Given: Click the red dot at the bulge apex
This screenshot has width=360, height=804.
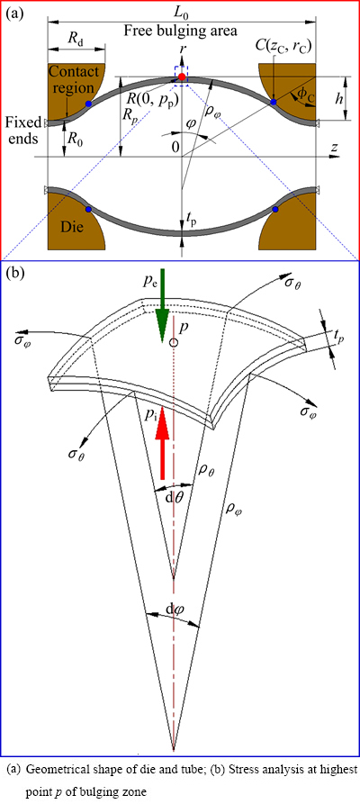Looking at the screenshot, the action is click(x=182, y=77).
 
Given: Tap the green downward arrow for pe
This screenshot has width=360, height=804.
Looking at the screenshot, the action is click(x=161, y=306).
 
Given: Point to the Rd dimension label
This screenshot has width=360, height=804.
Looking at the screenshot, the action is click(x=75, y=39).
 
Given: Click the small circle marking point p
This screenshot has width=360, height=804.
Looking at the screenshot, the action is click(x=175, y=342).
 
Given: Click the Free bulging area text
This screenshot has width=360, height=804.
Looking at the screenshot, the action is click(x=180, y=32).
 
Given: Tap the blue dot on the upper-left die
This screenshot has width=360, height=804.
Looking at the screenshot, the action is click(x=89, y=104).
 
